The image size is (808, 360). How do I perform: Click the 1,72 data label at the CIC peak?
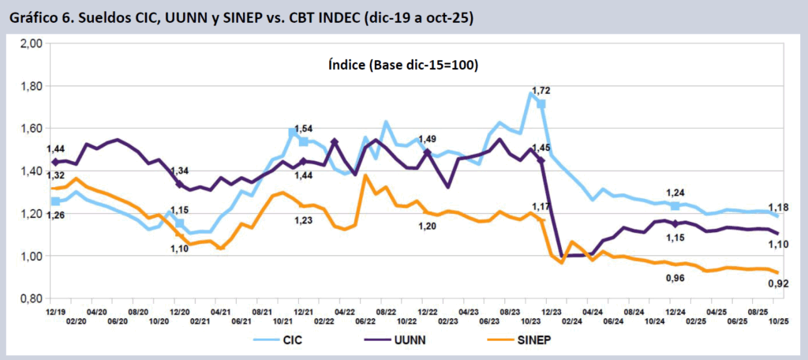coord(541,92)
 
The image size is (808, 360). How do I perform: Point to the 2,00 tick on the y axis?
coord(30,44)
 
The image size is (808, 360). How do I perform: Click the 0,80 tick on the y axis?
coord(30,299)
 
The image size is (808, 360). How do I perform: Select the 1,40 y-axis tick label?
coord(30,171)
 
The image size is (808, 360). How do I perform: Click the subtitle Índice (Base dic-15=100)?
coord(402,66)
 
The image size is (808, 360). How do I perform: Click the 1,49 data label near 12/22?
coord(428,140)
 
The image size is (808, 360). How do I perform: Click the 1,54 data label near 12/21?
coord(305,129)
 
